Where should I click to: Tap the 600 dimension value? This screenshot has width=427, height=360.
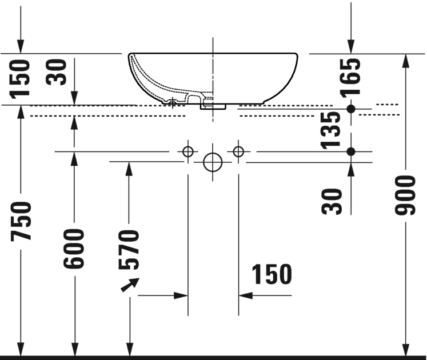pyautogui.click(x=74, y=249)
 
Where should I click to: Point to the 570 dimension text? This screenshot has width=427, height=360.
pyautogui.click(x=129, y=249)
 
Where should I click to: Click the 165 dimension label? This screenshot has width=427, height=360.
pyautogui.click(x=351, y=76)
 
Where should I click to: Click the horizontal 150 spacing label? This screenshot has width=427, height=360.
pyautogui.click(x=270, y=274)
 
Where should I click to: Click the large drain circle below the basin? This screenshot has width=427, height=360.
pyautogui.click(x=213, y=162)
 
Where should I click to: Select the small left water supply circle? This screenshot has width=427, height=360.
pyautogui.click(x=187, y=151)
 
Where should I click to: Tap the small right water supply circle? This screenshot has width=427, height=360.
pyautogui.click(x=238, y=151)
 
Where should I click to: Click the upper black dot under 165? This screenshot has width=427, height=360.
pyautogui.click(x=351, y=109)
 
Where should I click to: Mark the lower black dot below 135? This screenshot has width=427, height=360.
pyautogui.click(x=351, y=151)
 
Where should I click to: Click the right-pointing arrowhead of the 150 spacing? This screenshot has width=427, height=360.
pyautogui.click(x=182, y=295)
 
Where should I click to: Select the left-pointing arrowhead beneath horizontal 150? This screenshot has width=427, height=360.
pyautogui.click(x=245, y=295)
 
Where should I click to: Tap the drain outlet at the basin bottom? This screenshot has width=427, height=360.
pyautogui.click(x=213, y=106)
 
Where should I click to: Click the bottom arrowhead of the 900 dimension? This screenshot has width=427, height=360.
pyautogui.click(x=406, y=349)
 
